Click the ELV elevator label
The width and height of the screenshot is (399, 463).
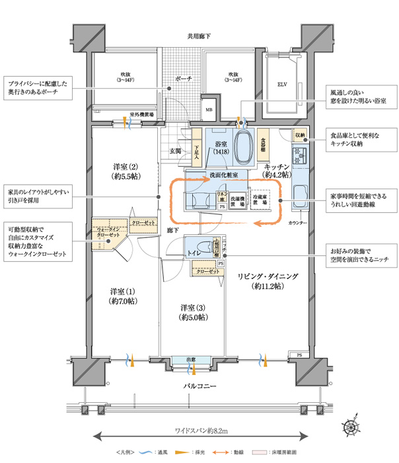click(x=281, y=85)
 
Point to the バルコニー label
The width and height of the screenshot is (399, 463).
click(x=200, y=386)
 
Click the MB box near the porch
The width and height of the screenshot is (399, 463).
click(x=208, y=110)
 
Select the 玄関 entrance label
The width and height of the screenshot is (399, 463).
click(x=176, y=151)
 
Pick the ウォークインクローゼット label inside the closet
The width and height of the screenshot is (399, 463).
click(x=107, y=232)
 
